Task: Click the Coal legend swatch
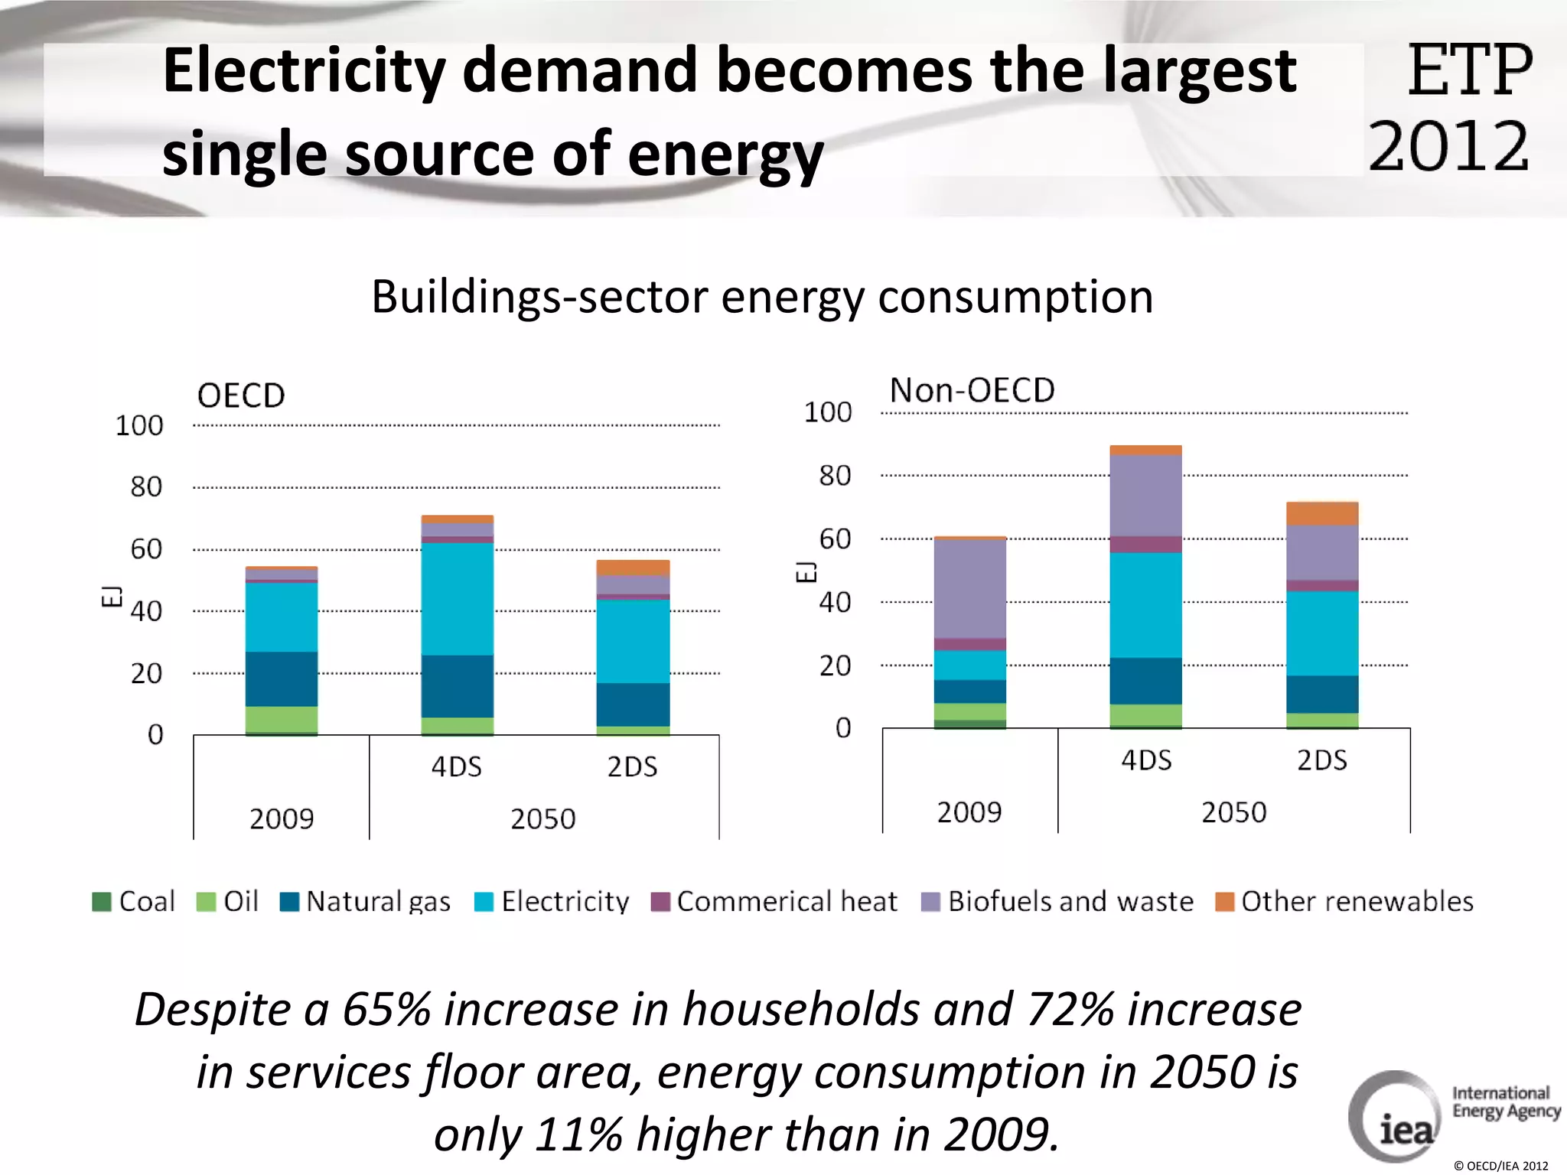point(102,902)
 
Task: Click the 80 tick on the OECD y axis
point(146,487)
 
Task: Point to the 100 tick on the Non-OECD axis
point(827,412)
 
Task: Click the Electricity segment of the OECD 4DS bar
point(457,598)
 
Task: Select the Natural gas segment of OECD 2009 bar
point(281,679)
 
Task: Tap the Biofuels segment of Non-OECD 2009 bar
point(969,589)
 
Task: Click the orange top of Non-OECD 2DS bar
point(1321,513)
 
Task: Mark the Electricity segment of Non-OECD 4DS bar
point(1145,604)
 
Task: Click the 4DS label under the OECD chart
point(457,767)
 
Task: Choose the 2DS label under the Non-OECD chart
point(1321,760)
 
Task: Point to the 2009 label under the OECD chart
point(281,819)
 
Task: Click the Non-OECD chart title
point(972,391)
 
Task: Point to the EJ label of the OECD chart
point(112,595)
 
